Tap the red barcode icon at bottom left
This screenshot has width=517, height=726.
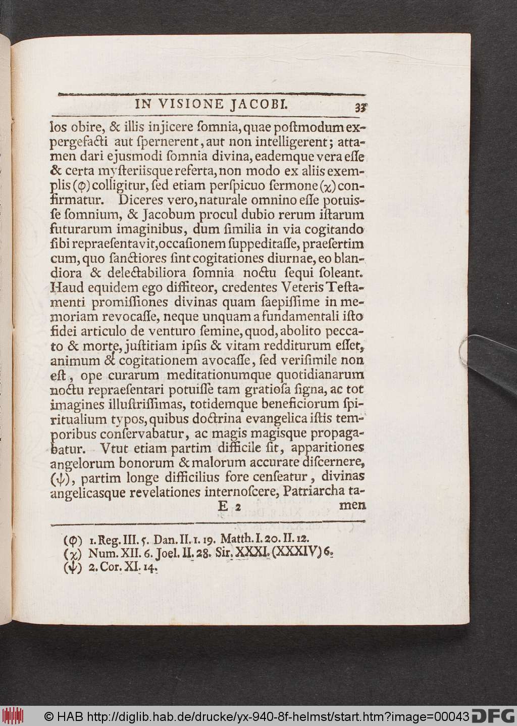coord(13,716)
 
